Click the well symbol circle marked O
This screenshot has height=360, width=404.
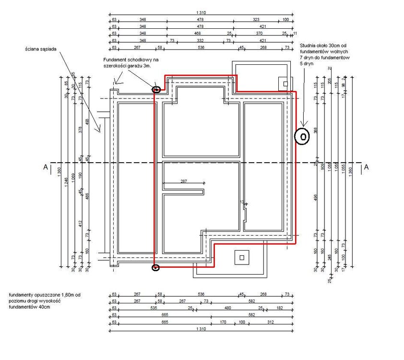point(302,137)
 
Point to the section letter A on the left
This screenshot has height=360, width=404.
point(45,167)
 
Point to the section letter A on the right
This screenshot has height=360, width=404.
point(366,167)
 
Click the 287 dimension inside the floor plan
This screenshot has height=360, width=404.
point(183,181)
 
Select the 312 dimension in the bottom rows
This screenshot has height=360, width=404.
point(270,322)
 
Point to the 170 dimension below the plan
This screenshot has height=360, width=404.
point(222,322)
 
